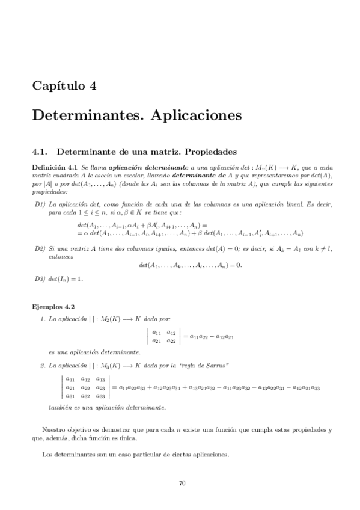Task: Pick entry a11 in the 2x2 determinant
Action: point(156,332)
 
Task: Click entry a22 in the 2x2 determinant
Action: point(171,340)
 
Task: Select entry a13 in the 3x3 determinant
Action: point(100,379)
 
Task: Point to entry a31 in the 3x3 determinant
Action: point(70,396)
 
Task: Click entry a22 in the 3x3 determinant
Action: point(85,388)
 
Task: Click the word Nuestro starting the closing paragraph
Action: point(53,430)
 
